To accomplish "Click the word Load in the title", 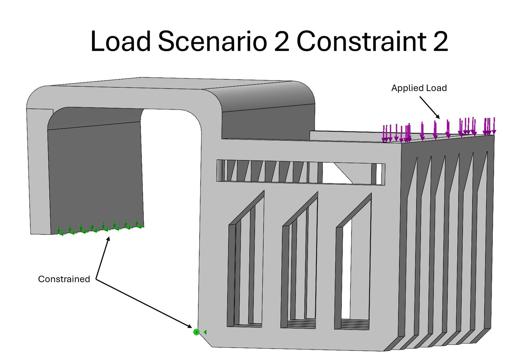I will (120, 41).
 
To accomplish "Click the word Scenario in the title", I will (212, 41).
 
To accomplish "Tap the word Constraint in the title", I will (361, 41).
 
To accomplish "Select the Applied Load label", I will (419, 88).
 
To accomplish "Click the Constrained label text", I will (64, 279).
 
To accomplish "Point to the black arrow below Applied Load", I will (430, 107).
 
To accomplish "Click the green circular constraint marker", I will (196, 332).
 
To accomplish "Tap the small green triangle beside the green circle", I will (205, 332).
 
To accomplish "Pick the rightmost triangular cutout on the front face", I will (353, 263).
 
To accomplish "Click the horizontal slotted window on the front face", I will (301, 172).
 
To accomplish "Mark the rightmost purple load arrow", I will (494, 126).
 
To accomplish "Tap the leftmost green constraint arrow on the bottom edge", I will (59, 230).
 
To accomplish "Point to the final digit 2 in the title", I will (440, 41).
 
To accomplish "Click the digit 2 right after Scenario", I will (282, 41).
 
